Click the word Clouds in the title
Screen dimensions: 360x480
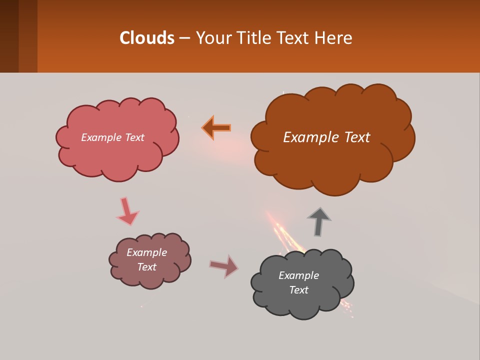pyautogui.click(x=147, y=38)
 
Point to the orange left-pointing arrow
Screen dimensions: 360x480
pyautogui.click(x=216, y=127)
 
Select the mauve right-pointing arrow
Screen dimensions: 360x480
pyautogui.click(x=224, y=265)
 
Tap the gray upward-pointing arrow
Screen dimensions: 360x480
pyautogui.click(x=319, y=221)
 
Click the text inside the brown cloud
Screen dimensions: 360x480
pyautogui.click(x=326, y=137)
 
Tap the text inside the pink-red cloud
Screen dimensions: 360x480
pyautogui.click(x=112, y=137)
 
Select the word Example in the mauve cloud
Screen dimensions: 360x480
pyautogui.click(x=146, y=252)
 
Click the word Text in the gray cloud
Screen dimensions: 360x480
pyautogui.click(x=298, y=290)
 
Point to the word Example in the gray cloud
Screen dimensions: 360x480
pyautogui.click(x=298, y=275)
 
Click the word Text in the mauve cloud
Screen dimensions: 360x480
pyautogui.click(x=146, y=267)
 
